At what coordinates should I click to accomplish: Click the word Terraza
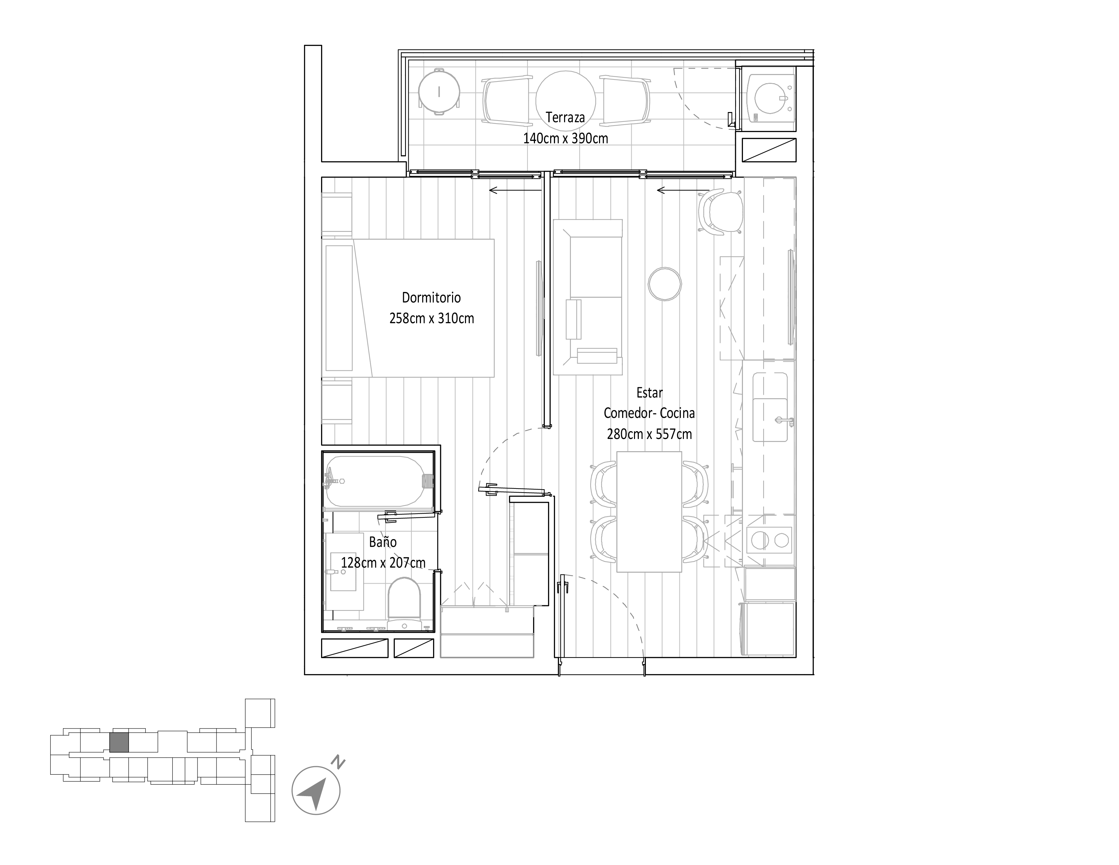pos(565,117)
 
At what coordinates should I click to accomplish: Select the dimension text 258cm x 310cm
pos(431,318)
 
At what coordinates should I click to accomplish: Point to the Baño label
pos(383,542)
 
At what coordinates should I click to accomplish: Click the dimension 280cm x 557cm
pos(649,434)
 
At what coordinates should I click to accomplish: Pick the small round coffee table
pos(665,283)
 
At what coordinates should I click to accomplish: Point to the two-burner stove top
pos(770,539)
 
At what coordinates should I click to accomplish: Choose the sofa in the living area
pos(588,297)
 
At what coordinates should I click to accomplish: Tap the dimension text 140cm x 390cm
pos(565,139)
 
